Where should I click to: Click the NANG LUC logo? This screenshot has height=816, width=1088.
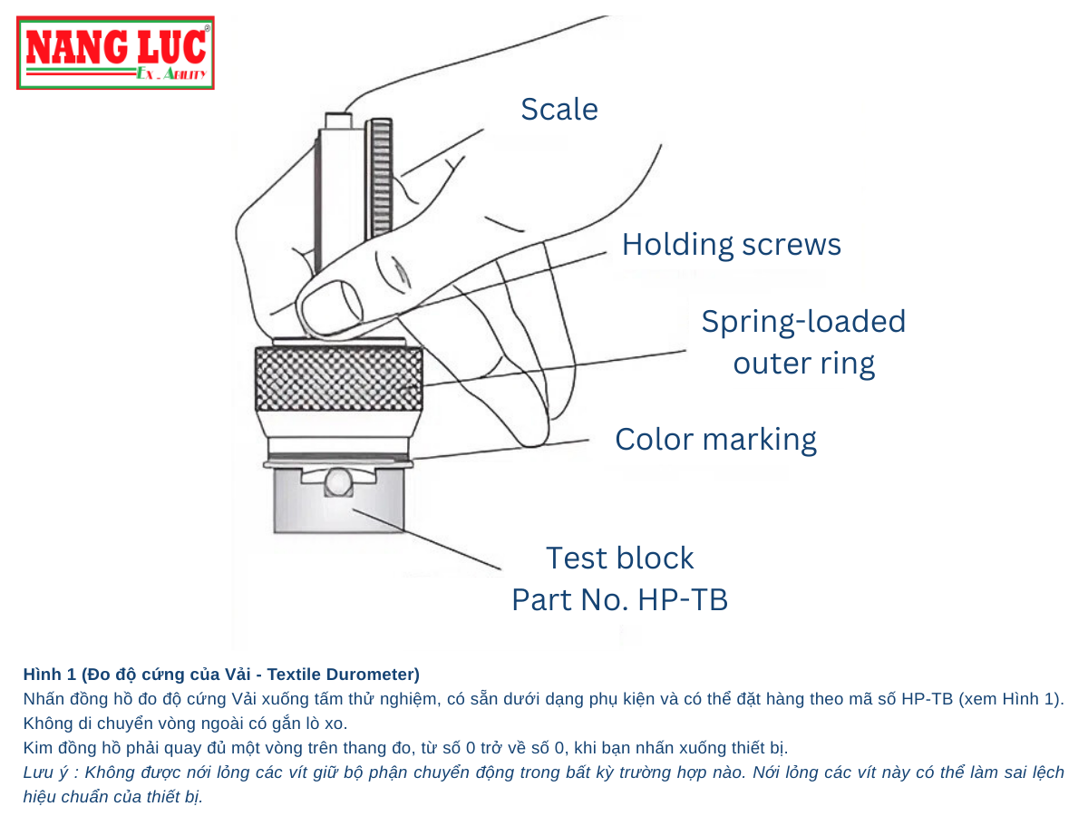click(x=116, y=53)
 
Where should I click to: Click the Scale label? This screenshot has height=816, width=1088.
click(x=559, y=110)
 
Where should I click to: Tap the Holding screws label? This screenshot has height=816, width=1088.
click(x=731, y=245)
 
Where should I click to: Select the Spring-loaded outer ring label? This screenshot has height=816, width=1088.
click(x=803, y=343)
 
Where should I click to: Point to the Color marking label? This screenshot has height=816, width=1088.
click(x=715, y=440)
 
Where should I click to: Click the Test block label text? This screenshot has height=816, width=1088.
click(x=619, y=558)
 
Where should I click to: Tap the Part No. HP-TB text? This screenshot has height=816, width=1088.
click(x=619, y=599)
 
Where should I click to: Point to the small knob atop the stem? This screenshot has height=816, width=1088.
click(x=337, y=120)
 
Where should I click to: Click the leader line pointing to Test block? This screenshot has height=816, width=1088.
click(x=426, y=540)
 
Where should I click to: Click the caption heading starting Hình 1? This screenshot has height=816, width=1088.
click(x=221, y=675)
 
